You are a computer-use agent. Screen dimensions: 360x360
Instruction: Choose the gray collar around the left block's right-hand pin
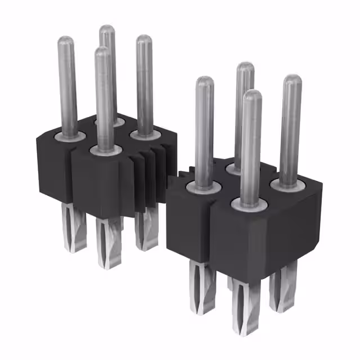point(144,134)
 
